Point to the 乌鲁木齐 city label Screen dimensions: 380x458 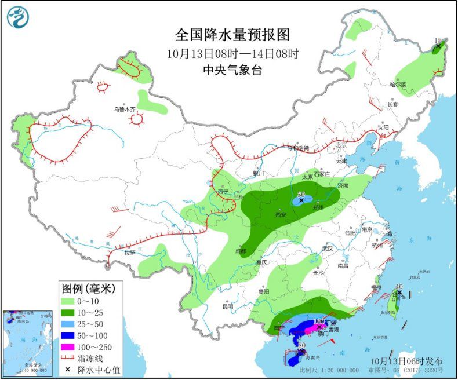(x=124, y=109)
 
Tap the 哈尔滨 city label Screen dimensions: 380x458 (x=398, y=85)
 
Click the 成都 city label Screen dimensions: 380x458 (x=241, y=251)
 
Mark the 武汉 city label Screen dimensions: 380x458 (x=329, y=249)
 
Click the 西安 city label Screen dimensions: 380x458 (x=281, y=214)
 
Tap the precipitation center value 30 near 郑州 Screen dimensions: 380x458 (x=300, y=194)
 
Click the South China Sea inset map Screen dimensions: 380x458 (x=28, y=342)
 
